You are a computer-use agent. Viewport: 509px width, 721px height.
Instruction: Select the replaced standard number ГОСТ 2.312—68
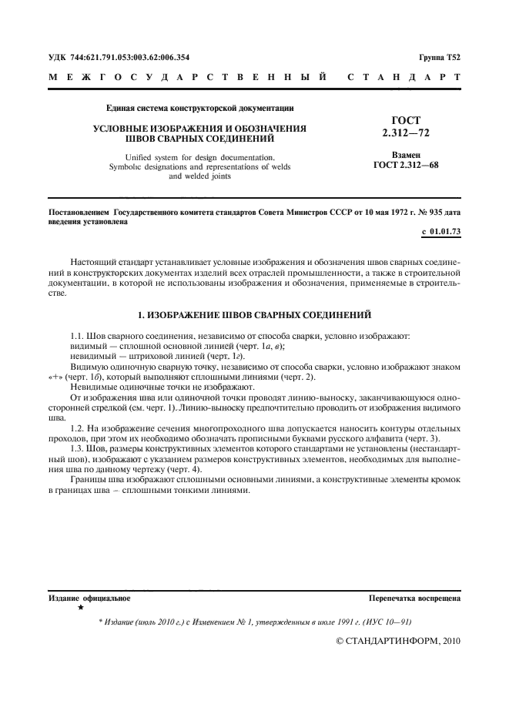pyautogui.click(x=406, y=164)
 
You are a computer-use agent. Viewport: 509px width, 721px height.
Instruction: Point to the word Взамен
pyautogui.click(x=406, y=154)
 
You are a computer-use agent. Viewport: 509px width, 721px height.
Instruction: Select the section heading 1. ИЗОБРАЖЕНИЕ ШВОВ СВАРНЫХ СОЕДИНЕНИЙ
pyautogui.click(x=254, y=314)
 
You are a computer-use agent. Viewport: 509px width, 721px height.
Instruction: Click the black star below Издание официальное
pyautogui.click(x=80, y=608)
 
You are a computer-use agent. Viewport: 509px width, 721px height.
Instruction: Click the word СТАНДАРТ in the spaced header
pyautogui.click(x=404, y=78)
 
